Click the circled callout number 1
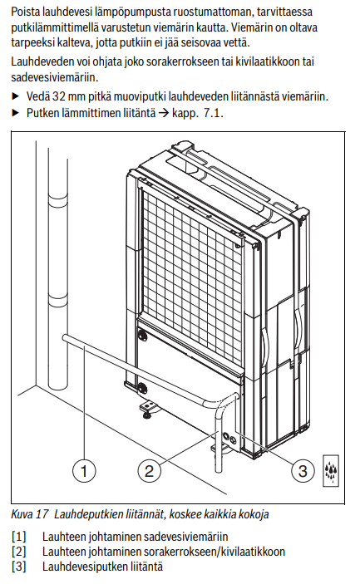point(84,470)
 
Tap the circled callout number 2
point(149,470)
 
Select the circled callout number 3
point(303,470)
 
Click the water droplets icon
point(331,471)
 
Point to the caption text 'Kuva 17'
point(30,514)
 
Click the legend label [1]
point(18,537)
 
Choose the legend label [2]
point(18,552)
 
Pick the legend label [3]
point(18,567)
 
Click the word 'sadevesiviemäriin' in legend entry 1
point(185,537)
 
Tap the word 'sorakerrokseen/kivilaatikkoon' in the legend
point(214,552)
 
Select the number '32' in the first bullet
point(59,96)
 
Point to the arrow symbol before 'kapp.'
point(164,112)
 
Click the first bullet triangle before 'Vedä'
point(15,96)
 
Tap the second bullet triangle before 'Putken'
point(15,112)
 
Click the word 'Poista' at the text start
point(25,12)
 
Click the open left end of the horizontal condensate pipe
point(65,338)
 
